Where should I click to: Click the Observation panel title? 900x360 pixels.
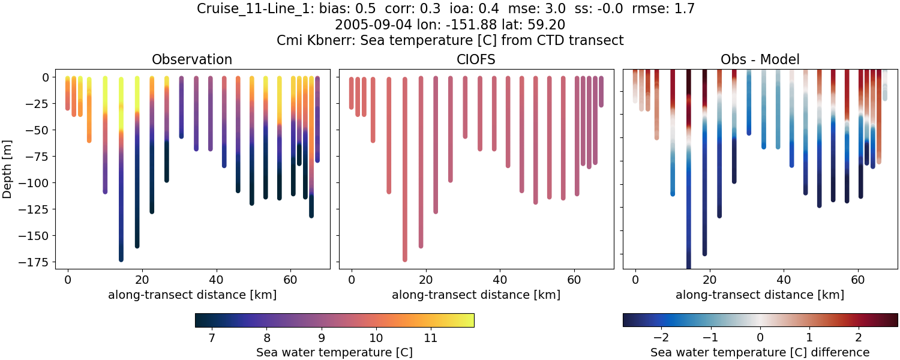click(192, 59)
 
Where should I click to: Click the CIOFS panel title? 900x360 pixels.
click(476, 59)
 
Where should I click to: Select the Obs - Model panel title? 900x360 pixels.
click(760, 59)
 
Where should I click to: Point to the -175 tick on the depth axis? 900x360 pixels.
click(37, 262)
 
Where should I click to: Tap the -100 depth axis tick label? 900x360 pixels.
click(37, 183)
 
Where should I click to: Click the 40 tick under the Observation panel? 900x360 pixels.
click(216, 279)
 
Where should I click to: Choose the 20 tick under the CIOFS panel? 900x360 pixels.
click(425, 279)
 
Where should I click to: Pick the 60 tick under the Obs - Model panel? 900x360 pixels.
click(858, 279)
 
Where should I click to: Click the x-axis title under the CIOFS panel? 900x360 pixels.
click(476, 295)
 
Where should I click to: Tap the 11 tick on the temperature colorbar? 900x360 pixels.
click(430, 338)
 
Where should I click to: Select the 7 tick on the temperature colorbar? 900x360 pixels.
click(212, 338)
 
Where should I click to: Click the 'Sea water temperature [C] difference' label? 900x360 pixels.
click(760, 352)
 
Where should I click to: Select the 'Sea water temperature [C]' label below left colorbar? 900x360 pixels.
click(334, 352)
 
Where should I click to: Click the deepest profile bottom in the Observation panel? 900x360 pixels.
click(121, 259)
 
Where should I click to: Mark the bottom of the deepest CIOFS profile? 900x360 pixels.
click(405, 259)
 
